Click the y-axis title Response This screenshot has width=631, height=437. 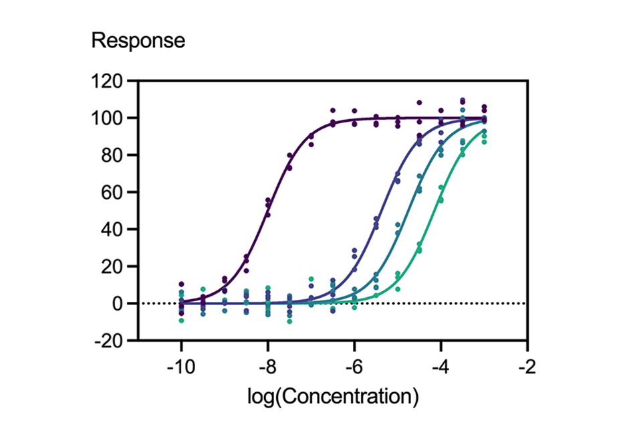click(138, 41)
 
